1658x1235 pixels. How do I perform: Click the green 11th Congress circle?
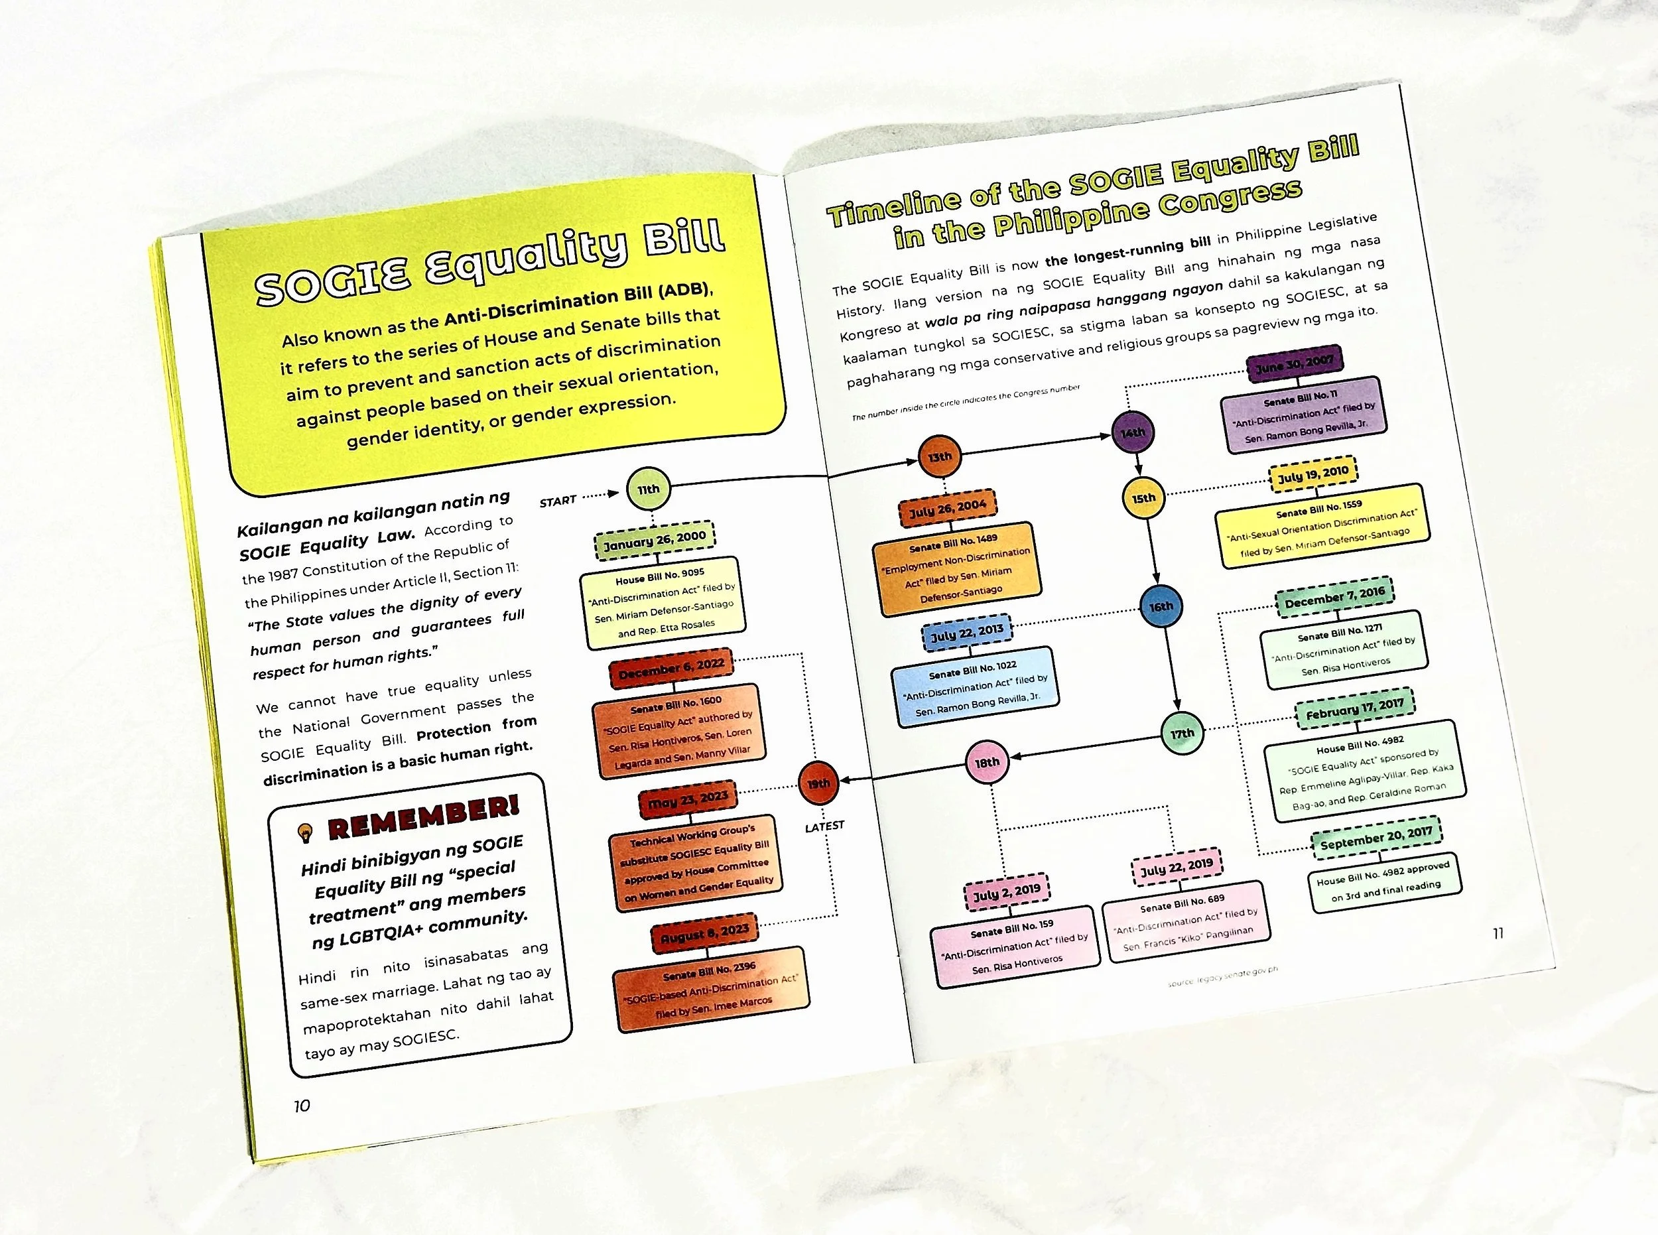tap(648, 489)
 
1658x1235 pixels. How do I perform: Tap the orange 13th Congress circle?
tap(940, 456)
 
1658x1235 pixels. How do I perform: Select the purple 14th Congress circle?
tap(1133, 432)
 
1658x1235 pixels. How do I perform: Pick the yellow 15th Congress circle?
tap(1144, 498)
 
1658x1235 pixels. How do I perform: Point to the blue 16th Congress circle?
tap(1161, 606)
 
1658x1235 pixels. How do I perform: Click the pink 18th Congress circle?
tap(987, 762)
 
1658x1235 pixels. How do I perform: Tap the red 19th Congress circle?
tap(818, 783)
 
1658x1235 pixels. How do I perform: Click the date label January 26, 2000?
tap(655, 539)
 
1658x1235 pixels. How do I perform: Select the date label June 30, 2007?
tap(1295, 364)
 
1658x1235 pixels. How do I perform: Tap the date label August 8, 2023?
tap(704, 933)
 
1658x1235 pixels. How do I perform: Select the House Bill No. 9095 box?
tap(663, 602)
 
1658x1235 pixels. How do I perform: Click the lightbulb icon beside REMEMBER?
tap(304, 831)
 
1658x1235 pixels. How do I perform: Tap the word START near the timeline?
tap(558, 501)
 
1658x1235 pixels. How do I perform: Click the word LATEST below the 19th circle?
tap(824, 826)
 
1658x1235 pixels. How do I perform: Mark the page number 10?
tap(301, 1106)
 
